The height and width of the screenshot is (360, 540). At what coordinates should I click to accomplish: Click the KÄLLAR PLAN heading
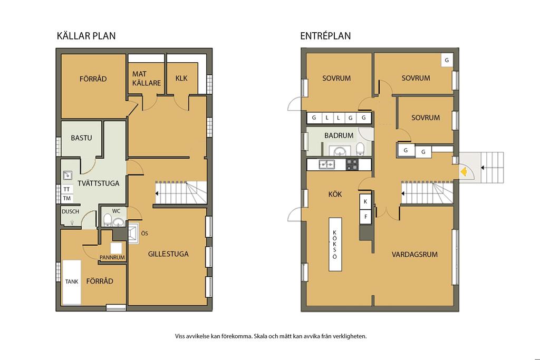pos(86,36)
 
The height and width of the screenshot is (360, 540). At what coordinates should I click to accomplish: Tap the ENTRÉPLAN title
pos(325,36)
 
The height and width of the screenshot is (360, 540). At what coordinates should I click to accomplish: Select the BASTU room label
pos(81,138)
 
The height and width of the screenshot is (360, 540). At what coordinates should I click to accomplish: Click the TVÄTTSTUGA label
pos(99,183)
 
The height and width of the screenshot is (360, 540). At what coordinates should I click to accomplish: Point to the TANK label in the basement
pos(72,281)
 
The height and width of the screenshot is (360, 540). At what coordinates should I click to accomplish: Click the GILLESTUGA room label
pos(168,254)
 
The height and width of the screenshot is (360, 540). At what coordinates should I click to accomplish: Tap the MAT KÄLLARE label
pos(147,79)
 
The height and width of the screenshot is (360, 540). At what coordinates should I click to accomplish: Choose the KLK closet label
pos(181,78)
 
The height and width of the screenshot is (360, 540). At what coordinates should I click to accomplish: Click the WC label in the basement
pos(116,211)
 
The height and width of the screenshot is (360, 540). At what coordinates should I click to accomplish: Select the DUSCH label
pos(70,212)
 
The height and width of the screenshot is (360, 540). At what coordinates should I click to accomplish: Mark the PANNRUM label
pos(112,257)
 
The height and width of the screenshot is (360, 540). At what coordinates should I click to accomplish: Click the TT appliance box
pos(67,189)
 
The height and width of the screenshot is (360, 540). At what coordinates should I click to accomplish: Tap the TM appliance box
pos(67,198)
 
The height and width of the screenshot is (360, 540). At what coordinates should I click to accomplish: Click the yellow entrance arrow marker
pos(464,171)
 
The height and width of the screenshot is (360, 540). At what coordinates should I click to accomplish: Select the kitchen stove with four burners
pos(352,164)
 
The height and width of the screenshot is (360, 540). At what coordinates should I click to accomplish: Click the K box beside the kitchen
pos(365,202)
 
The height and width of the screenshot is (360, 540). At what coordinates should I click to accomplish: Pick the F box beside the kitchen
pos(365,217)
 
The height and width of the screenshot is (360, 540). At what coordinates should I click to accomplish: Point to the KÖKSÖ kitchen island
pos(335,245)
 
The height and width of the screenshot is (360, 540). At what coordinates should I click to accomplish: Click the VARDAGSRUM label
pos(414,255)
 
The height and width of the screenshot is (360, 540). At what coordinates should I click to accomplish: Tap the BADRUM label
pos(339,135)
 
